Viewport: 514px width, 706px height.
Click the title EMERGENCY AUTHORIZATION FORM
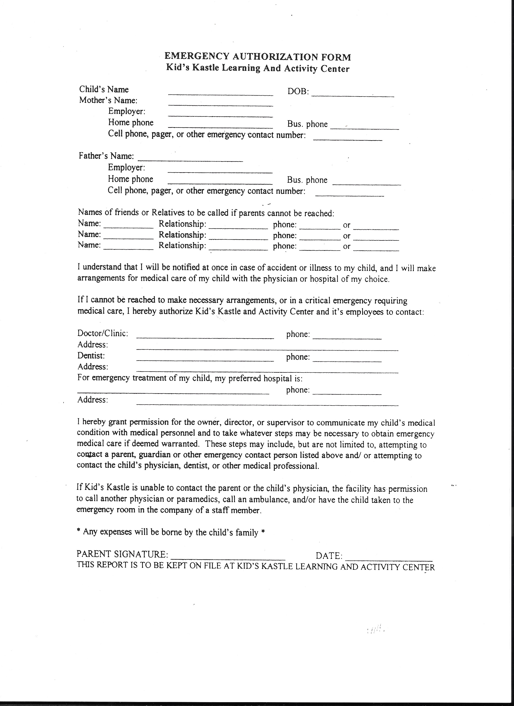(x=257, y=57)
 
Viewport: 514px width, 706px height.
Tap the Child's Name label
(x=104, y=90)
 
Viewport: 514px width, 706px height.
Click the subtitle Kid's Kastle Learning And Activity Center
(x=257, y=68)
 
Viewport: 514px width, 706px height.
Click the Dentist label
(x=91, y=355)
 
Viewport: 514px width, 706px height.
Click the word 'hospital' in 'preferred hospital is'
(x=277, y=379)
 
